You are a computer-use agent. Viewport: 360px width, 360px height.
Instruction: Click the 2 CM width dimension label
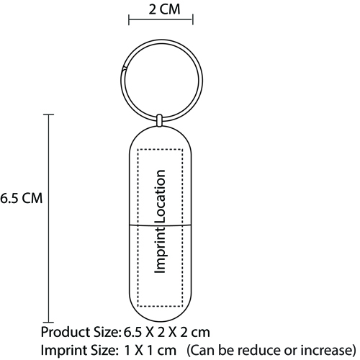(x=164, y=9)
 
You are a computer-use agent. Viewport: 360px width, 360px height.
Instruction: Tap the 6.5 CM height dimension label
(x=21, y=198)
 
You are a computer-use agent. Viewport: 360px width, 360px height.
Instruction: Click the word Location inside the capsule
(x=161, y=197)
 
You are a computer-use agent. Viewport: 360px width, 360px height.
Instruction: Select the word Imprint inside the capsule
(x=161, y=250)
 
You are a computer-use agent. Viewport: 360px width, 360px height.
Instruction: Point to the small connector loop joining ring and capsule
(x=159, y=120)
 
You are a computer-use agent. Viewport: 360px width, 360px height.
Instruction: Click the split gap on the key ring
(x=124, y=68)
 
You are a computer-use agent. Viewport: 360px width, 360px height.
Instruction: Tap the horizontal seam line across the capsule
(x=161, y=225)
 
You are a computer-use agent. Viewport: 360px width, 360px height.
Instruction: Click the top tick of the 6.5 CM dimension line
(x=48, y=114)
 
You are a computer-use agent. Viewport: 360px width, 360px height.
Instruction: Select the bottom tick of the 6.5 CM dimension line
(x=48, y=322)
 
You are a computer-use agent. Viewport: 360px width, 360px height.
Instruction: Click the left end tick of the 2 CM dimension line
(x=129, y=19)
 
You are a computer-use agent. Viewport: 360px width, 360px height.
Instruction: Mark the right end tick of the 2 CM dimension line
(x=193, y=19)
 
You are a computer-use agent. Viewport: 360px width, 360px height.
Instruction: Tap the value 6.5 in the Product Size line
(x=132, y=333)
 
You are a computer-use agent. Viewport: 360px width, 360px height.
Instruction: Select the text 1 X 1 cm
(x=150, y=351)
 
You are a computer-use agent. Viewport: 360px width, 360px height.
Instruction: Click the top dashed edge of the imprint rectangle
(x=160, y=149)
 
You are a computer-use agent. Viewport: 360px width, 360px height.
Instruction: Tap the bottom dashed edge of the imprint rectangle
(x=160, y=307)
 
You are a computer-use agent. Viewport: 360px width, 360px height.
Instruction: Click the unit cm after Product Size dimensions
(x=201, y=333)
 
